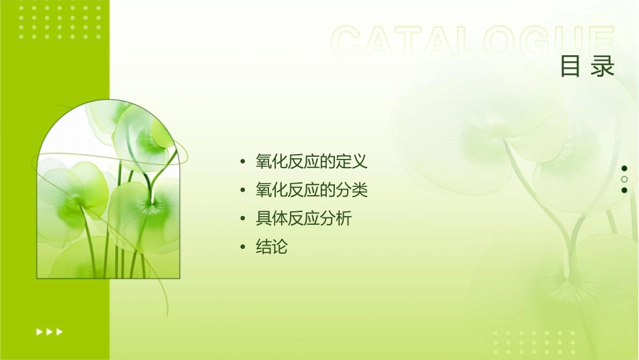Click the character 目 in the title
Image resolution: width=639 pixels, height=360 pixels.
tap(570, 67)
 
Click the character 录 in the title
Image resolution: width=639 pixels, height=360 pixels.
tap(603, 67)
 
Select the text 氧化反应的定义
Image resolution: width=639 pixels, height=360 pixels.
tap(311, 161)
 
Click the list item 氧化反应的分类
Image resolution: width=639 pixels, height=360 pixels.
tap(311, 190)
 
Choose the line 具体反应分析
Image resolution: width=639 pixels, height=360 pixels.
tap(303, 219)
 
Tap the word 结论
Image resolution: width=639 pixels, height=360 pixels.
tap(272, 247)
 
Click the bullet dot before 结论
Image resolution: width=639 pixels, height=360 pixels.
tap(243, 248)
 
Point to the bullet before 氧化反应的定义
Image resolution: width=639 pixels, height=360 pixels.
tap(243, 162)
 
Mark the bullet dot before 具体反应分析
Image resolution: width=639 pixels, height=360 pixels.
tap(243, 219)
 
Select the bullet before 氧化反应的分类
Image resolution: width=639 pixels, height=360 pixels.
tap(243, 191)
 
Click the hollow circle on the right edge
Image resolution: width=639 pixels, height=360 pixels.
tap(624, 179)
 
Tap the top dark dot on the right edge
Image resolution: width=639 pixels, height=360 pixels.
tap(624, 168)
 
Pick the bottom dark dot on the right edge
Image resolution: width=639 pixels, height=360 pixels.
tap(624, 190)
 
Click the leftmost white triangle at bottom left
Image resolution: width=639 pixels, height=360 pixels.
tap(39, 332)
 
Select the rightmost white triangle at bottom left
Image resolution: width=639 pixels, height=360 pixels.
tap(60, 332)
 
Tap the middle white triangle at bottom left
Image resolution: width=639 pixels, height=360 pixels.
tap(50, 332)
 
